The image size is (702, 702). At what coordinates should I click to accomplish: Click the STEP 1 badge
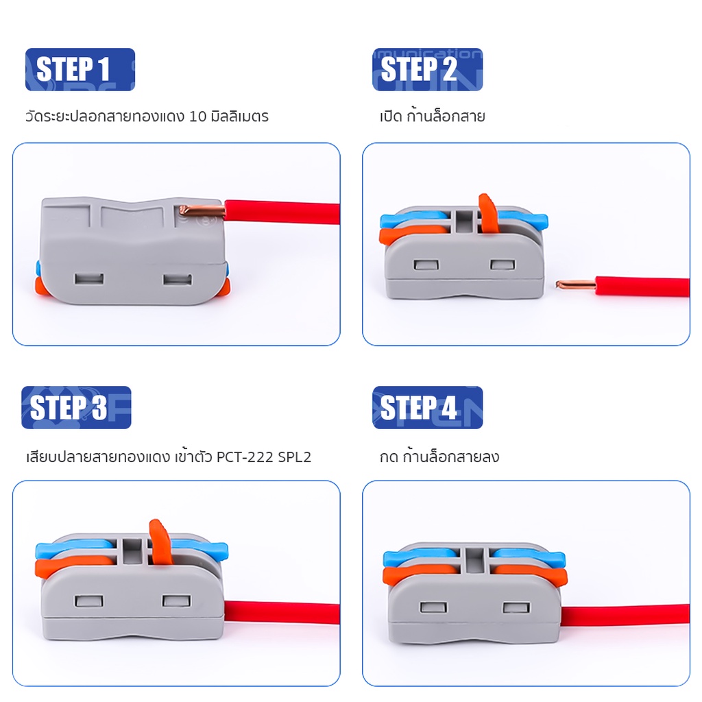pyautogui.click(x=80, y=69)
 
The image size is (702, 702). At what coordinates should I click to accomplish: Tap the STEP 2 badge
pyautogui.click(x=428, y=69)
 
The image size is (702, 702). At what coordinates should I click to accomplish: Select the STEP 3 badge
pyautogui.click(x=76, y=407)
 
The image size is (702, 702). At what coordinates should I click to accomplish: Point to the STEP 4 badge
pyautogui.click(x=428, y=407)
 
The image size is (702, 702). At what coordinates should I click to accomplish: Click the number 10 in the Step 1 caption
pyautogui.click(x=197, y=117)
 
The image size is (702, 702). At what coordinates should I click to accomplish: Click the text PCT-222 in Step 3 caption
pyautogui.click(x=245, y=457)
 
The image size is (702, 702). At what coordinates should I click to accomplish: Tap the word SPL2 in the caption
pyautogui.click(x=294, y=457)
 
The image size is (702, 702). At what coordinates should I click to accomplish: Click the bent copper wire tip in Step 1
pyautogui.click(x=201, y=210)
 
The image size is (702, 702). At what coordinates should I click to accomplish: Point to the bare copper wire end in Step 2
pyautogui.click(x=576, y=285)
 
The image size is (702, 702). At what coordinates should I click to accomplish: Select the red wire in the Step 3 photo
pyautogui.click(x=282, y=613)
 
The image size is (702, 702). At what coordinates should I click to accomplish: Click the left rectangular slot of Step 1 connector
pyautogui.click(x=89, y=279)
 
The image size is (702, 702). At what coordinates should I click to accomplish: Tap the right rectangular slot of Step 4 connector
pyautogui.click(x=516, y=607)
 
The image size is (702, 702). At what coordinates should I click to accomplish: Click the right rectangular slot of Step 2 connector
pyautogui.click(x=503, y=265)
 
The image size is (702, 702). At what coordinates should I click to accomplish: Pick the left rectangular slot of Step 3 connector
pyautogui.click(x=89, y=601)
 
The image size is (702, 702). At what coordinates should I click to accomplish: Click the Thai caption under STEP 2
pyautogui.click(x=433, y=117)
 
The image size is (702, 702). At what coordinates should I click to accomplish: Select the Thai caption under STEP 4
pyautogui.click(x=439, y=457)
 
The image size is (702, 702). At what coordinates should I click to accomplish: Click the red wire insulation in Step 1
pyautogui.click(x=282, y=213)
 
